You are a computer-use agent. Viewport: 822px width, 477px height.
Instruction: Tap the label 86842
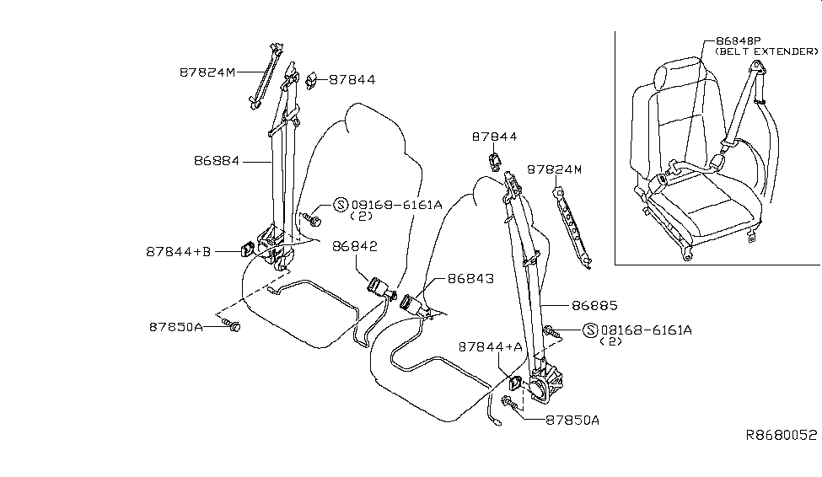[x=354, y=247]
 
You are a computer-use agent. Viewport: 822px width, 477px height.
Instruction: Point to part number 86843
[x=470, y=278]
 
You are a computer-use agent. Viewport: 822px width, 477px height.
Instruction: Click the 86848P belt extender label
[x=739, y=40]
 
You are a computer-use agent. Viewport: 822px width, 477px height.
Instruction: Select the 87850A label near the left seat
[x=176, y=327]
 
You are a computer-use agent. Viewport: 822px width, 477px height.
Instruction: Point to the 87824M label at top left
[x=207, y=72]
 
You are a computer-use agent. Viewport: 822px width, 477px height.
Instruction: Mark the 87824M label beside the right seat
[x=555, y=169]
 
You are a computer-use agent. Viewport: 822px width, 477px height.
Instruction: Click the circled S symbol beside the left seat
[x=341, y=204]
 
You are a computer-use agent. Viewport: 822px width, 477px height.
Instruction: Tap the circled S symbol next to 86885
[x=589, y=330]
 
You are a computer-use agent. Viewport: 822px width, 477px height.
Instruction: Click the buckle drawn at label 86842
[x=376, y=288]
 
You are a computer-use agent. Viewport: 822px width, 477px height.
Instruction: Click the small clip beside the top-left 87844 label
[x=311, y=80]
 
